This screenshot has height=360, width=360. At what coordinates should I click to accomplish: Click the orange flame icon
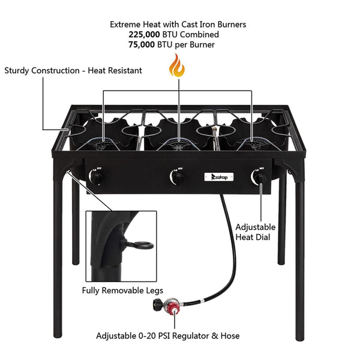[x=177, y=65]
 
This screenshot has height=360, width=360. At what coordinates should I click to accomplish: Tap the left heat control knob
[x=95, y=178]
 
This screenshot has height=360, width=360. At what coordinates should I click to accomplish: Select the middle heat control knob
[x=178, y=178]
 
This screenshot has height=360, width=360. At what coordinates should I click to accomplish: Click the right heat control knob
[x=262, y=178]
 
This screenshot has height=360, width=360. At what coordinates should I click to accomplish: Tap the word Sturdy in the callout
[x=19, y=70]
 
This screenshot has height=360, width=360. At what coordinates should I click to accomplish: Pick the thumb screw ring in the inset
[x=142, y=245]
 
